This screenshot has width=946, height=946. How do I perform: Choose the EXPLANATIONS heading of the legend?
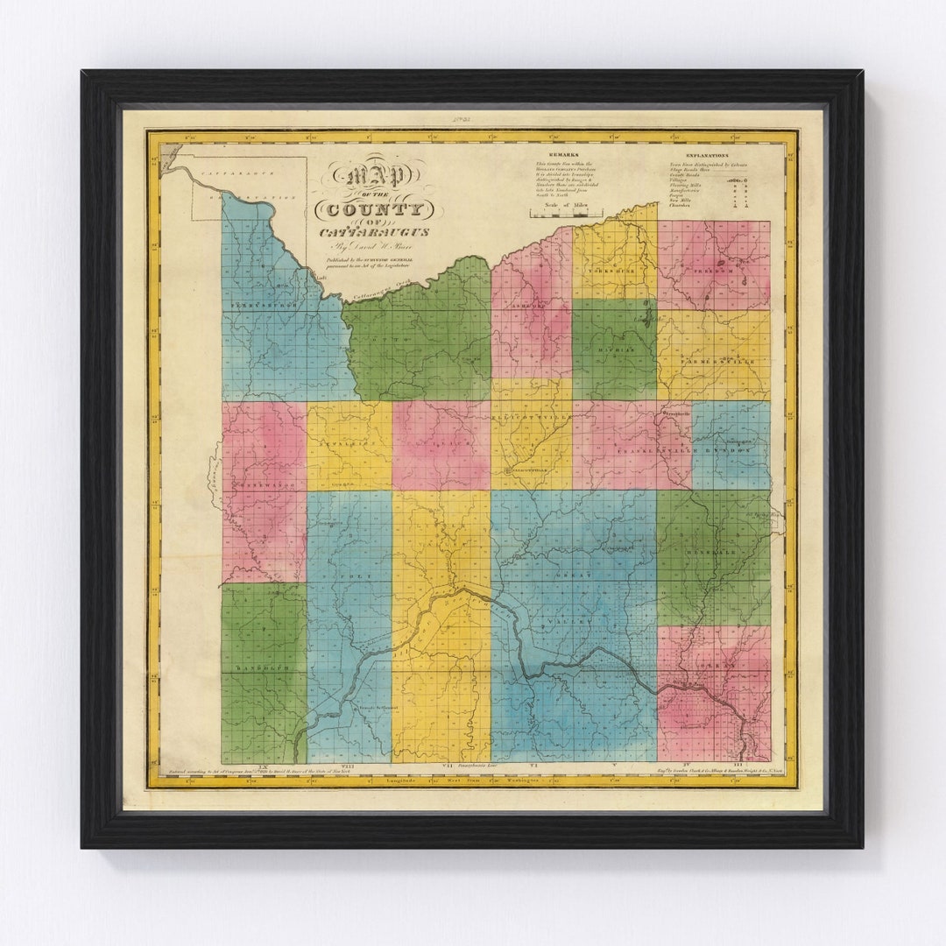coord(708,154)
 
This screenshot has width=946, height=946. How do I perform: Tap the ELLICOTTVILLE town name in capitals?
coord(533,419)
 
